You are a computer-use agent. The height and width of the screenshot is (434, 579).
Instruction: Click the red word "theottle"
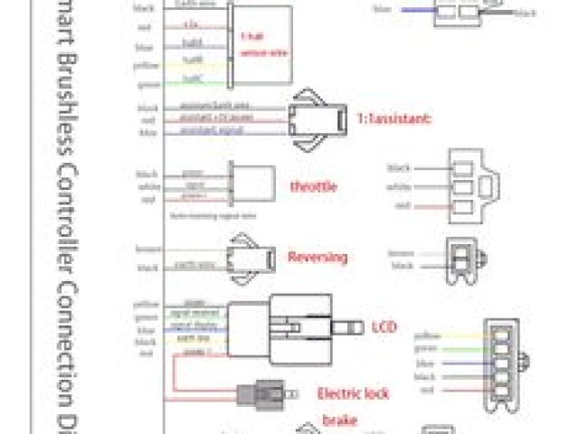click(313, 186)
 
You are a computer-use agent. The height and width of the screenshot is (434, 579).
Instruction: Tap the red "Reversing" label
click(317, 257)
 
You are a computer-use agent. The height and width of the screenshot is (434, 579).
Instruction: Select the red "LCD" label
click(384, 325)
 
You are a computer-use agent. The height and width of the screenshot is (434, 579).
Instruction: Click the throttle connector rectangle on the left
click(245, 185)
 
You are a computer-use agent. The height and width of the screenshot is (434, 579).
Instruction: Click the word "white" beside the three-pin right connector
click(400, 186)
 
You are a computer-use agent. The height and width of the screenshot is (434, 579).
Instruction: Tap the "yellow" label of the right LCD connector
click(427, 335)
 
